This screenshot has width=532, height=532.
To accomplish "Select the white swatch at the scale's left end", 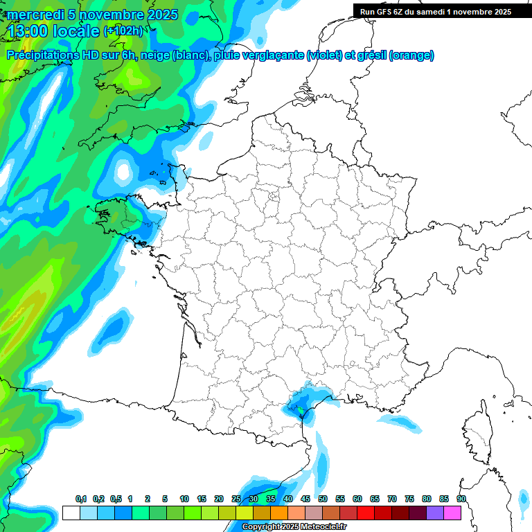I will [x=71, y=513].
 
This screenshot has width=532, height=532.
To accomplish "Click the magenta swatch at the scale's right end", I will [x=452, y=513].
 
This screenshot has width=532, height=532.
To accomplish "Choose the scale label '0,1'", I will [x=81, y=499].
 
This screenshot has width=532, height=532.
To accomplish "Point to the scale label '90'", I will [x=461, y=499].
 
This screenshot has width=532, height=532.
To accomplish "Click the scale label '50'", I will [x=323, y=499].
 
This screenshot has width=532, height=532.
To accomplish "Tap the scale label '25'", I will [x=236, y=499].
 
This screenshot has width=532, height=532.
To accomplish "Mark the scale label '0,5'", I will [x=116, y=499].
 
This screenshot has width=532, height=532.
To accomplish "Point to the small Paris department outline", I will [x=273, y=197].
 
